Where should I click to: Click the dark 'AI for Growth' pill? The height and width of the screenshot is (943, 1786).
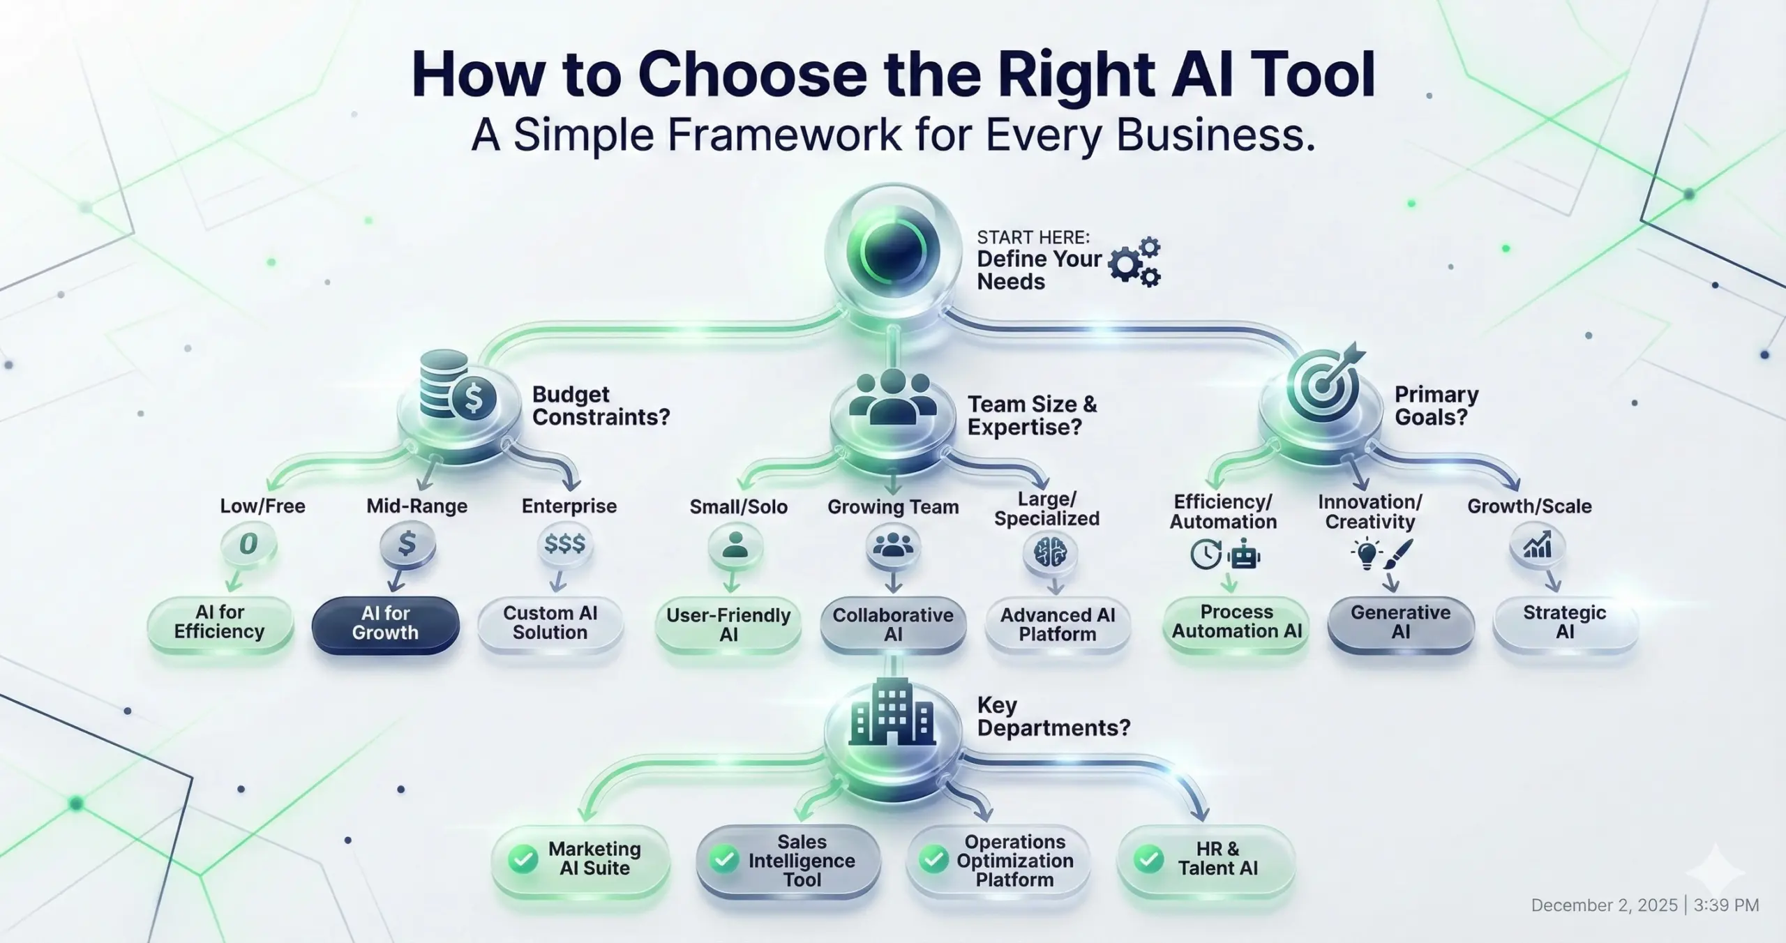point(385,624)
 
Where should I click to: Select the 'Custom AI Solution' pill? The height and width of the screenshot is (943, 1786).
point(550,624)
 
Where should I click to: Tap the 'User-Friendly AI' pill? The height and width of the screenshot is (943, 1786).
point(728,625)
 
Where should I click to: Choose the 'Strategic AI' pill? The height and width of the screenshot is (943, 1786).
point(1565,623)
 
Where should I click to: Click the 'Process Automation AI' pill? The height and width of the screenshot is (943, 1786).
point(1236,622)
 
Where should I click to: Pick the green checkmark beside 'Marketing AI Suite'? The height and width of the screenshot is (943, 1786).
point(523,859)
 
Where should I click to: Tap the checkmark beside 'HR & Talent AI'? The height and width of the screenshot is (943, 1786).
point(1148,859)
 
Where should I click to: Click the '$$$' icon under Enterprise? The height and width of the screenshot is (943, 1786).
point(565,544)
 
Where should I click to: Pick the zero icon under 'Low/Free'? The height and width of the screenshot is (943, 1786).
point(248,544)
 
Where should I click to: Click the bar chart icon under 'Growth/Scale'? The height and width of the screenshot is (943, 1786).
point(1537,545)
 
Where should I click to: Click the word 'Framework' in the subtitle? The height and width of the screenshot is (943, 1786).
point(784,135)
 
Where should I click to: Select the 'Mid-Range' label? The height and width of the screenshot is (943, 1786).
point(417,506)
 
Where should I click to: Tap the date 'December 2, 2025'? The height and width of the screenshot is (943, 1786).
point(1604,905)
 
